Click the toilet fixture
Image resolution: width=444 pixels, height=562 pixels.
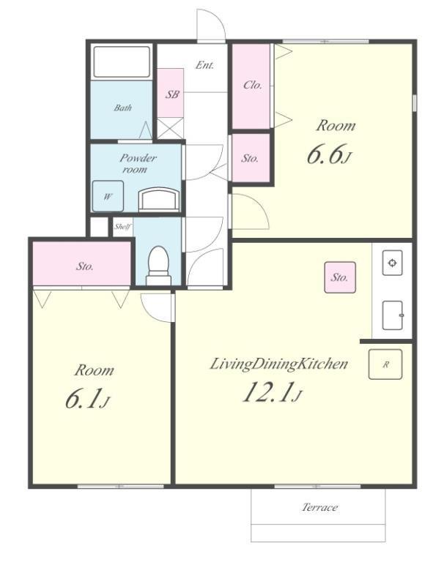(158, 265)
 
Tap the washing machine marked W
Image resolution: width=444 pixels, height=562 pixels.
(108, 196)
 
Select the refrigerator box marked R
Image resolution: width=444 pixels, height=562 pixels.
(385, 364)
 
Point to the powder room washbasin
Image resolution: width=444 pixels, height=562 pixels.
(159, 199)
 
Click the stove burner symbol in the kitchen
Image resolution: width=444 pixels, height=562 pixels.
(392, 263)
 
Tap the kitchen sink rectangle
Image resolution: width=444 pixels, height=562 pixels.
(392, 315)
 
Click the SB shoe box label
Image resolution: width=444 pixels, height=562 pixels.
(172, 94)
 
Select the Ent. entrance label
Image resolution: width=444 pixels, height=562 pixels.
(204, 65)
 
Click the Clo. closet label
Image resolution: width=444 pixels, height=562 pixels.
(253, 85)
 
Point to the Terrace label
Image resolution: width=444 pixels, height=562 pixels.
(319, 507)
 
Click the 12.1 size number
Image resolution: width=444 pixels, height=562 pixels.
(267, 391)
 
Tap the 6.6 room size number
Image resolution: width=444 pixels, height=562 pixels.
(323, 154)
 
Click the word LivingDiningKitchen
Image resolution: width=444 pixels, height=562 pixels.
(278, 364)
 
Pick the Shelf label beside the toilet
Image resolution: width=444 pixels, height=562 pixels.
(122, 227)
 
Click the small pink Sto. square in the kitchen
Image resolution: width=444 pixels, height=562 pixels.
(340, 277)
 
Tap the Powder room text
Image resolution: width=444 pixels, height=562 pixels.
(137, 163)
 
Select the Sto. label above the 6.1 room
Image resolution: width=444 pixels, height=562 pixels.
(85, 266)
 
